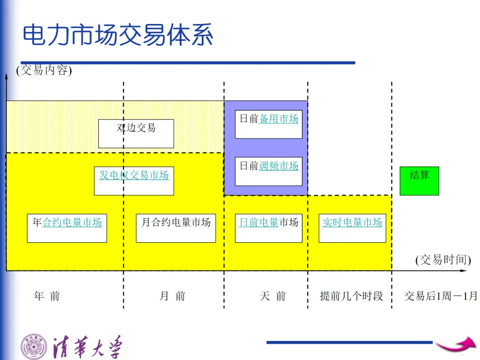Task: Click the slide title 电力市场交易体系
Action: pyautogui.click(x=118, y=36)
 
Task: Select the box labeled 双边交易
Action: pyautogui.click(x=136, y=133)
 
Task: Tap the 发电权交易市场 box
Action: pyautogui.click(x=134, y=181)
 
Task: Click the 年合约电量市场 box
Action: pyautogui.click(x=67, y=228)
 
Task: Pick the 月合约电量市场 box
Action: pyautogui.click(x=176, y=228)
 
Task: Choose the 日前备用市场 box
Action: pyautogui.click(x=268, y=124)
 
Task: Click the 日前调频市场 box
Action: pyautogui.click(x=268, y=171)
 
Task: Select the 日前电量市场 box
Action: pyautogui.click(x=268, y=228)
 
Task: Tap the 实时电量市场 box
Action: pyautogui.click(x=352, y=228)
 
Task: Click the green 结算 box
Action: pyautogui.click(x=419, y=180)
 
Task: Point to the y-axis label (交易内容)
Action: pyautogui.click(x=44, y=70)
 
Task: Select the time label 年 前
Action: pyautogui.click(x=47, y=296)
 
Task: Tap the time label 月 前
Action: pyautogui.click(x=172, y=296)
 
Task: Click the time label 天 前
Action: pyautogui.click(x=273, y=296)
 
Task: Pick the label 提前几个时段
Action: pyautogui.click(x=351, y=296)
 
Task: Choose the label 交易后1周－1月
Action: pyautogui.click(x=440, y=296)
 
